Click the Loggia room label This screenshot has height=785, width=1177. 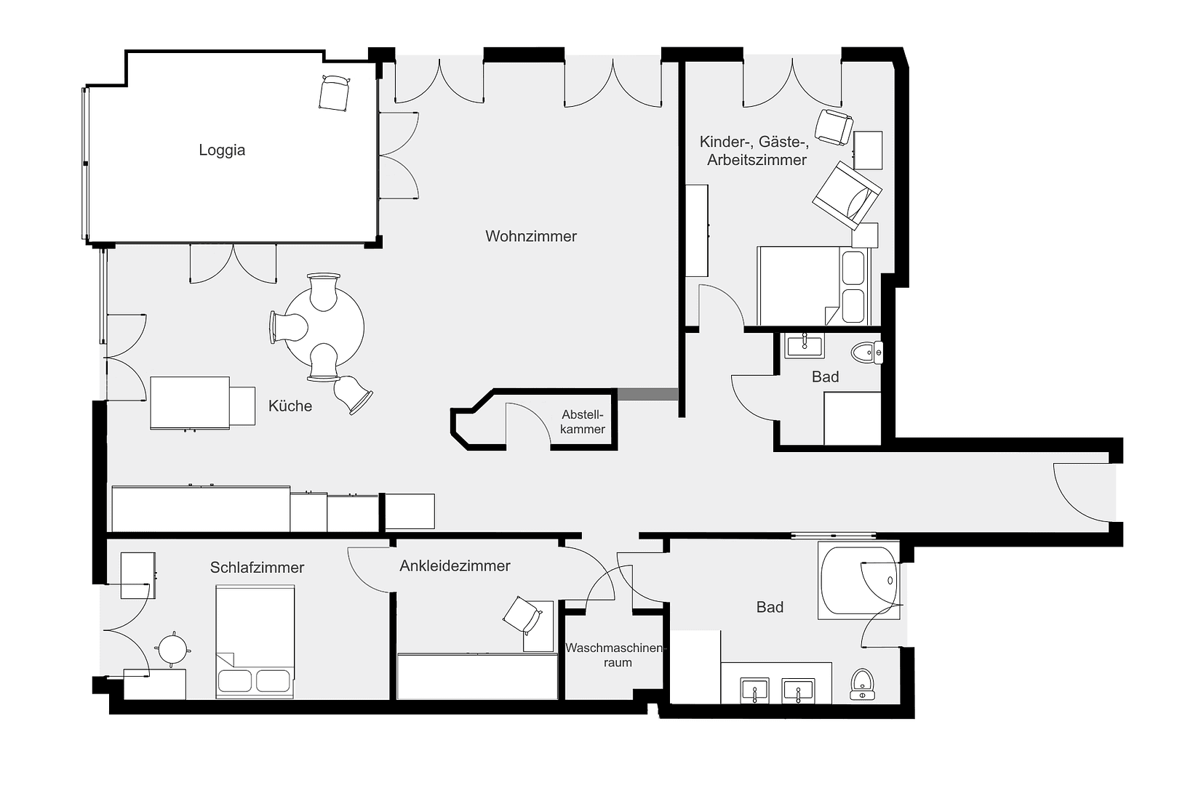click(222, 150)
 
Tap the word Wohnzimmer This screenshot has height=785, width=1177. click(531, 236)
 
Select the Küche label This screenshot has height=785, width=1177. click(290, 406)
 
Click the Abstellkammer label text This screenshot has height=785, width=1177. click(583, 422)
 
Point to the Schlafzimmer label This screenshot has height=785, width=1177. click(257, 568)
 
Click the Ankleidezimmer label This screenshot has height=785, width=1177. click(455, 565)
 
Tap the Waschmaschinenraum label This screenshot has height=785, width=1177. click(615, 655)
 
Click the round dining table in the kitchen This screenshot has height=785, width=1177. click(324, 328)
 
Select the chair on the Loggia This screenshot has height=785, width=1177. click(334, 93)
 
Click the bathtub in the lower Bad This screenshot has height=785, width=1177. click(858, 581)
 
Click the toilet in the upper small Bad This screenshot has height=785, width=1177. click(867, 353)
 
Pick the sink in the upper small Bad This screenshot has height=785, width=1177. click(805, 346)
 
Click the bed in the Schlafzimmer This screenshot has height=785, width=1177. click(255, 643)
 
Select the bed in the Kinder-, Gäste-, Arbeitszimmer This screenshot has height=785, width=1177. click(813, 286)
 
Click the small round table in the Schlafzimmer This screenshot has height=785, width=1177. click(173, 647)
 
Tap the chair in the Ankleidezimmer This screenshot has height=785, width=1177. click(522, 616)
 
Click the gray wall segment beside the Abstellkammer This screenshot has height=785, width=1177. click(647, 394)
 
